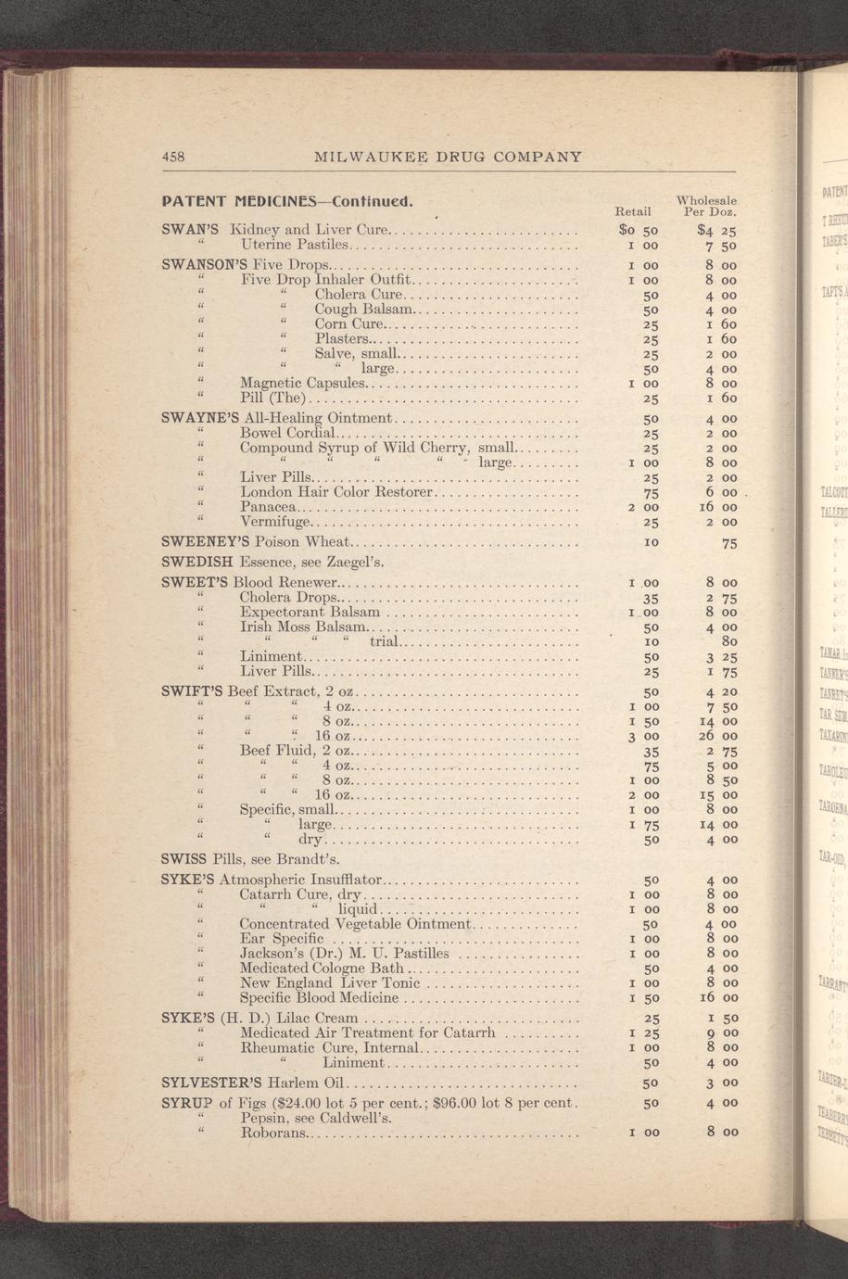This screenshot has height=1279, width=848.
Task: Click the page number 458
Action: pyautogui.click(x=173, y=157)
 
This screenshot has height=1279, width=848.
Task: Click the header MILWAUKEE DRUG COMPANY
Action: pyautogui.click(x=449, y=157)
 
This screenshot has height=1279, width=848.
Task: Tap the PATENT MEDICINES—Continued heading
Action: pyautogui.click(x=285, y=200)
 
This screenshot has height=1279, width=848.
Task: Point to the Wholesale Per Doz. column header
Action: pyautogui.click(x=709, y=205)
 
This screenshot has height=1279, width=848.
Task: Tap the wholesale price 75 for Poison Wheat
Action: pyautogui.click(x=729, y=544)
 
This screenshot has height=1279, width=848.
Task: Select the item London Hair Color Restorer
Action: pyautogui.click(x=336, y=492)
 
